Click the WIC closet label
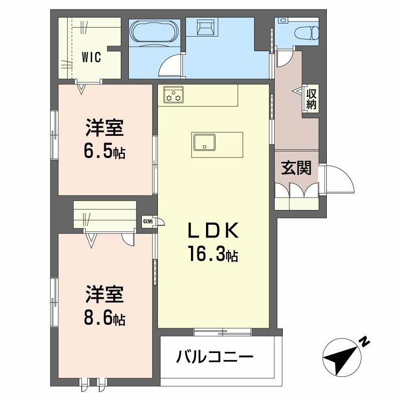coord(92,57)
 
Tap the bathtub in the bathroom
coord(153,33)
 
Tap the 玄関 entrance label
coord(296,168)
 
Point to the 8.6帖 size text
coord(104,317)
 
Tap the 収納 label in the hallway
coord(312,99)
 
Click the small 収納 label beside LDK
coord(147,221)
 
